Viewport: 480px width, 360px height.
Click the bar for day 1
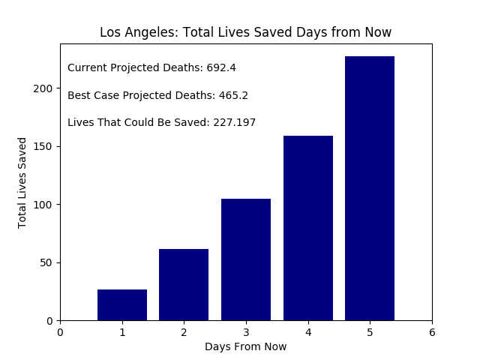click(122, 305)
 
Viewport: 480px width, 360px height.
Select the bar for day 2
click(184, 285)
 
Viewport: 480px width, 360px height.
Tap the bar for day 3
click(246, 259)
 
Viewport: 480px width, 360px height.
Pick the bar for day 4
click(308, 228)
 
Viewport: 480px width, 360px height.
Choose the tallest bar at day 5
click(370, 188)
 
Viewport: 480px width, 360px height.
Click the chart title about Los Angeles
click(246, 33)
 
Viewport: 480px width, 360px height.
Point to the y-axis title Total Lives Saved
click(22, 182)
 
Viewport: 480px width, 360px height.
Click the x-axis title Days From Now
click(246, 346)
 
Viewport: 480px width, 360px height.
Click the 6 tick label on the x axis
click(432, 332)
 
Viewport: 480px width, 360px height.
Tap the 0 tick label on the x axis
click(60, 332)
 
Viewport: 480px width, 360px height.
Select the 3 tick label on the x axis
click(246, 332)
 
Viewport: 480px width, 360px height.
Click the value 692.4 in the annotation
click(221, 68)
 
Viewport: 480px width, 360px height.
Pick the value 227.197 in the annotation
click(235, 123)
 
